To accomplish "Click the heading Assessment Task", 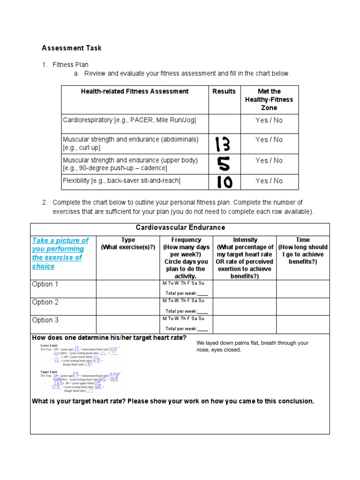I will pyautogui.click(x=72, y=48).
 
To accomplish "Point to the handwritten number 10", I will pyautogui.click(x=224, y=182).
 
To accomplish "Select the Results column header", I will pyautogui.click(x=224, y=91).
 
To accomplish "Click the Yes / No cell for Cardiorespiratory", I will pyautogui.click(x=269, y=120).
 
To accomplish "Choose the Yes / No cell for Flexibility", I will pyautogui.click(x=269, y=181).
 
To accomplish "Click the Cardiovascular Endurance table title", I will pyautogui.click(x=180, y=228).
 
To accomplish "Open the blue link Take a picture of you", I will pyautogui.click(x=60, y=253).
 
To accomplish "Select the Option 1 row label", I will pyautogui.click(x=45, y=285).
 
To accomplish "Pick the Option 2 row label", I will pyautogui.click(x=45, y=302).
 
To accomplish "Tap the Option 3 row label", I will pyautogui.click(x=45, y=320).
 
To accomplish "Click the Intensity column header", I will pyautogui.click(x=245, y=240).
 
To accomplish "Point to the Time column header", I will pyautogui.click(x=303, y=240).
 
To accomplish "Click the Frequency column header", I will pyautogui.click(x=186, y=240).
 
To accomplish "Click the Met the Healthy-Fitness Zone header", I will pyautogui.click(x=269, y=99).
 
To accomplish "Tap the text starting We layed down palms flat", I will pyautogui.click(x=252, y=346).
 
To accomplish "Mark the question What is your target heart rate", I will pyautogui.click(x=172, y=401).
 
